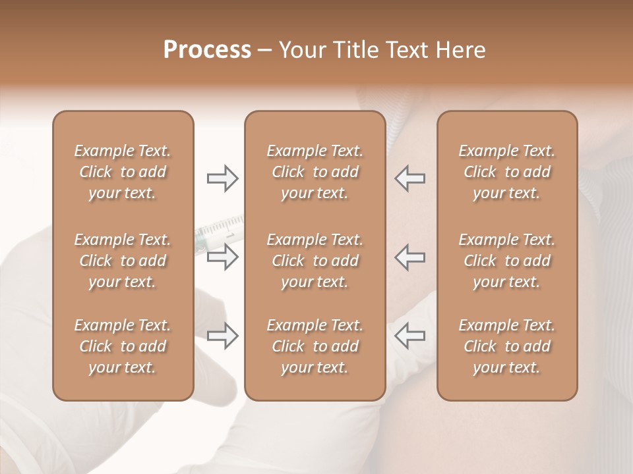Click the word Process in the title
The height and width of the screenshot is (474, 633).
pos(207,50)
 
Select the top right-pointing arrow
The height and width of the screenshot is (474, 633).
pos(222,178)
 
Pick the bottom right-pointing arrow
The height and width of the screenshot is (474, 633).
pos(222,336)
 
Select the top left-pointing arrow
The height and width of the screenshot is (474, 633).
pos(410,178)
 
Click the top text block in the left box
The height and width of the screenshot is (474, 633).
pos(123,172)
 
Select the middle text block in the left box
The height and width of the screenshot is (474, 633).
pos(123,261)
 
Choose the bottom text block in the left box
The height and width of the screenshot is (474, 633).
pos(123,346)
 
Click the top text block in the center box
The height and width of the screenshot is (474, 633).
pos(315,172)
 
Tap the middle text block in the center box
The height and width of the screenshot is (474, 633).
pos(315,261)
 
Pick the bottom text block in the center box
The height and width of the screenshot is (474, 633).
pos(315,346)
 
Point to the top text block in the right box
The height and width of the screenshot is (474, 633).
pos(507,172)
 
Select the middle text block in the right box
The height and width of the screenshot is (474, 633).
pos(507,261)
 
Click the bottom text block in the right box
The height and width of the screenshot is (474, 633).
pos(507,346)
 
